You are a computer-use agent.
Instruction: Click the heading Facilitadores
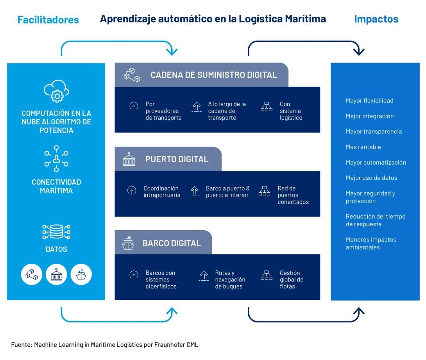48,20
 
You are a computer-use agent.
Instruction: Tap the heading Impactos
376,19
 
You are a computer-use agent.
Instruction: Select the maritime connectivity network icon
56,159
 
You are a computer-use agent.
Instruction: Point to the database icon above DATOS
56,232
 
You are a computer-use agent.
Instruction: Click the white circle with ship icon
81,274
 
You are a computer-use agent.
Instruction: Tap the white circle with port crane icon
56,274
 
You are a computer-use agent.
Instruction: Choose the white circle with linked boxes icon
31,274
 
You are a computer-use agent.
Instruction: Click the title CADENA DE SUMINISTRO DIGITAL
214,75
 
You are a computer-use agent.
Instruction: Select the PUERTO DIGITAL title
177,159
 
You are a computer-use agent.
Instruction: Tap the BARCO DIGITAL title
172,243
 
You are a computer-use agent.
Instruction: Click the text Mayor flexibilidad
369,101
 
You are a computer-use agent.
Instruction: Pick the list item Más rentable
363,147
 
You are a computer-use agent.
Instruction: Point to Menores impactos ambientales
371,244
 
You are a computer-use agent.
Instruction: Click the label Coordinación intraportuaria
162,192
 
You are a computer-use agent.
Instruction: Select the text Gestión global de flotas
291,279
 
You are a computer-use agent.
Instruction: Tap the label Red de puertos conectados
293,195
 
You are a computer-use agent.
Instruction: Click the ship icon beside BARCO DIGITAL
128,243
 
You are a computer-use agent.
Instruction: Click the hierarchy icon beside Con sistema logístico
266,107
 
